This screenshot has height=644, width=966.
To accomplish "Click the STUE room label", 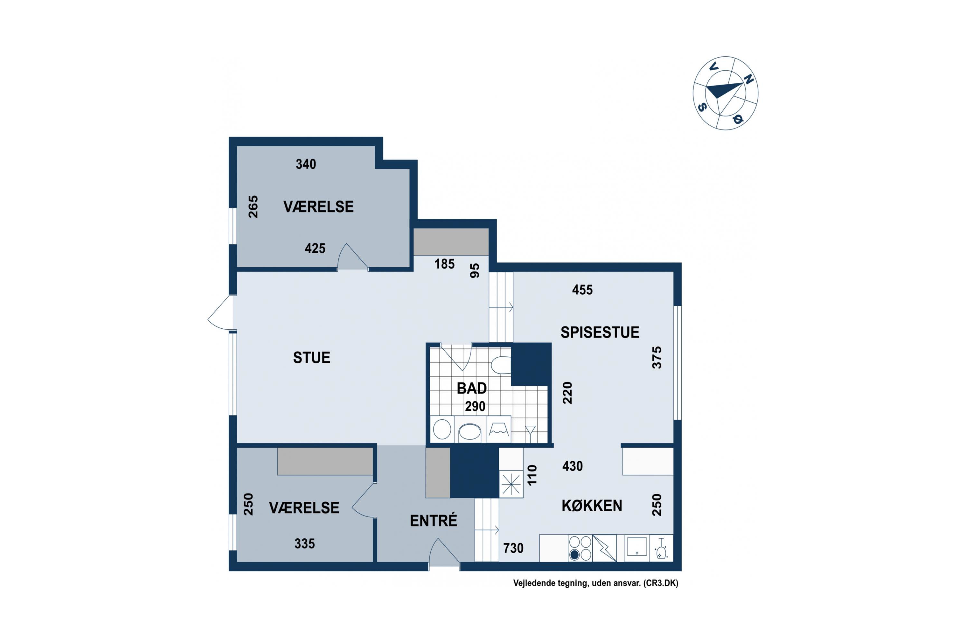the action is pos(311,358).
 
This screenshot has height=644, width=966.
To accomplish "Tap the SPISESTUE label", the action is pos(600,332).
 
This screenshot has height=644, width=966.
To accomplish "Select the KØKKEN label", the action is pos(592,506).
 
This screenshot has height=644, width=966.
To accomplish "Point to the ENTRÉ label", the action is pos(433,520).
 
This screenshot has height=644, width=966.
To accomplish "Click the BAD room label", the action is pos(471,388).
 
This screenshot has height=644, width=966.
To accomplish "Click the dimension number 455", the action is pos(582,290).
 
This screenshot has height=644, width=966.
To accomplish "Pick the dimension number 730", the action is pos(513,548).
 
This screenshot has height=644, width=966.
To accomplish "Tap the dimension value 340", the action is pos(306,164).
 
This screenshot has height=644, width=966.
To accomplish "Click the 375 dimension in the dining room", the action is pos(657,357).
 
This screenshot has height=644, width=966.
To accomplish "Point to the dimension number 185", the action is pos(445,264).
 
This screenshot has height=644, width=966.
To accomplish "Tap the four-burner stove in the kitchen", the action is pos(580,548).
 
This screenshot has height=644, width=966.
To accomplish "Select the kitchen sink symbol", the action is pos(637,547).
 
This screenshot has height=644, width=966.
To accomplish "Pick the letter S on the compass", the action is pos(702,107).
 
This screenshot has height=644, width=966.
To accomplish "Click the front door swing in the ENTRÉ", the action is pos(444,553).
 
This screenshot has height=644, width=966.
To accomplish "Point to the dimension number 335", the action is pos(305,544).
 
